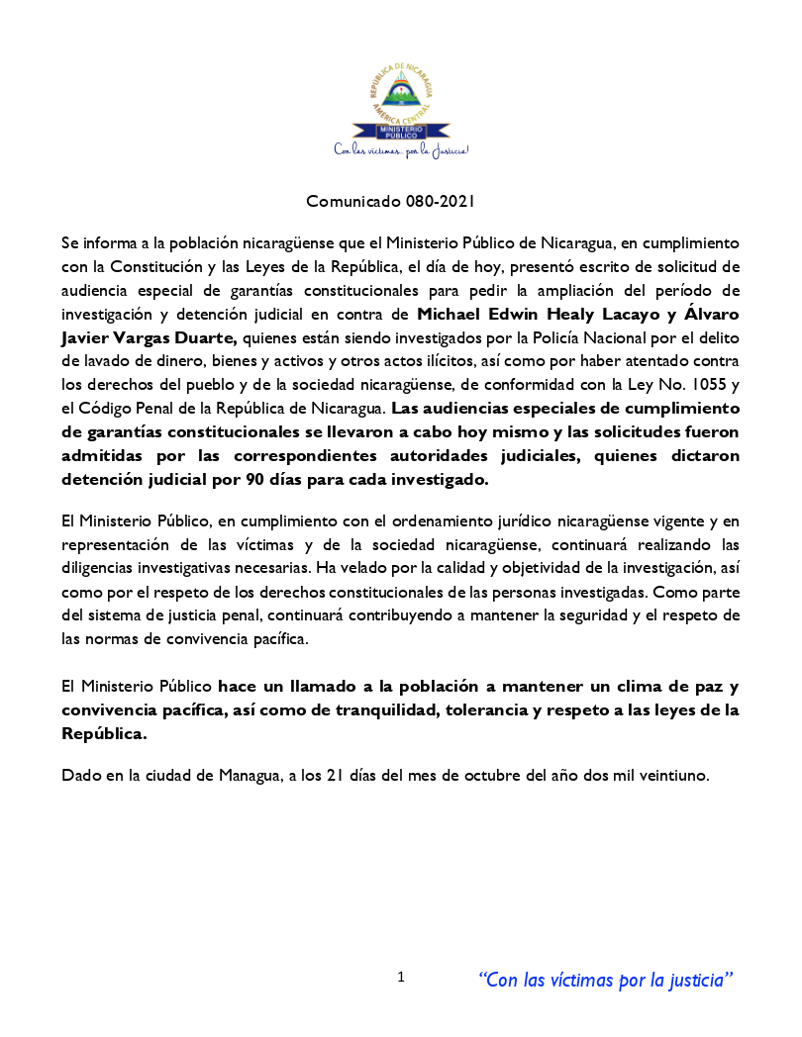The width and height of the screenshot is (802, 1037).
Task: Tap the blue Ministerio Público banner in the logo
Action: tap(400, 130)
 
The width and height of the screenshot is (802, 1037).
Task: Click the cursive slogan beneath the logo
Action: tap(400, 150)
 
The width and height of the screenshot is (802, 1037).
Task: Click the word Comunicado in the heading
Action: tap(352, 202)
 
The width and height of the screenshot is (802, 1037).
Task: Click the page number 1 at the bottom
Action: tap(401, 978)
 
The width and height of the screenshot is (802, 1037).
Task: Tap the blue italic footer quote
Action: tap(606, 980)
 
